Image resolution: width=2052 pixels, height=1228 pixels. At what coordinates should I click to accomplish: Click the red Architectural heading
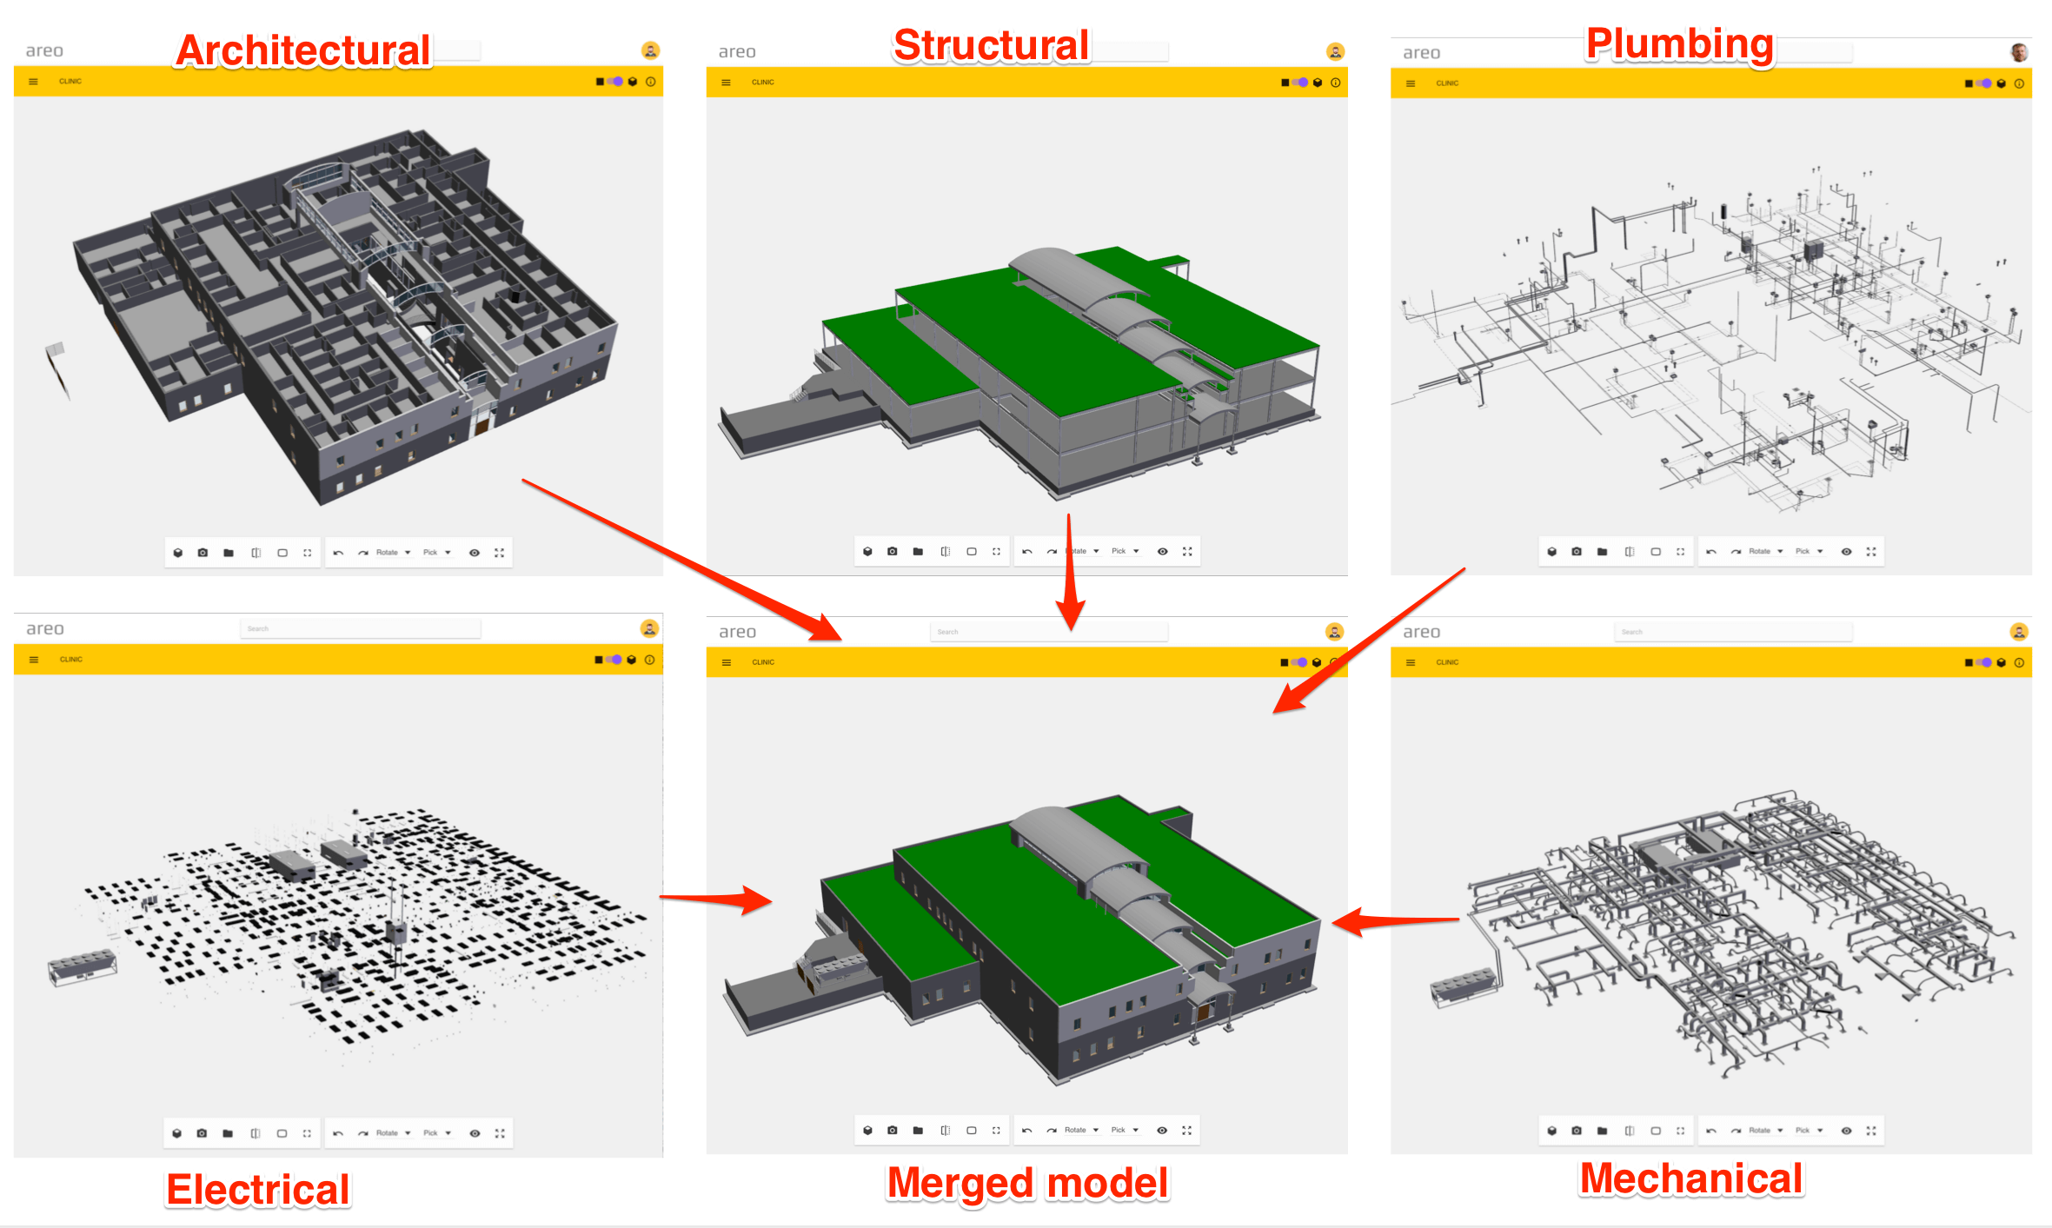point(302,50)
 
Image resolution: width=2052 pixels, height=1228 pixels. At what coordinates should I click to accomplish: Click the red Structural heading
point(991,45)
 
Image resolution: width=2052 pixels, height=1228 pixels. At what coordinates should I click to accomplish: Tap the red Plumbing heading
point(1679,43)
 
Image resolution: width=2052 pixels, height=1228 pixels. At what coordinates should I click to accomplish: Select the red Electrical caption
point(258,1189)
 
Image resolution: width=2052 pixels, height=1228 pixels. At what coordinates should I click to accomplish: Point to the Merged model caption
point(1027,1183)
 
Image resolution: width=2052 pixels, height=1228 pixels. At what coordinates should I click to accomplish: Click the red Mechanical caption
point(1690,1178)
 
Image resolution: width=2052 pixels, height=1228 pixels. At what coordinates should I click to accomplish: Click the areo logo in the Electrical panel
point(44,628)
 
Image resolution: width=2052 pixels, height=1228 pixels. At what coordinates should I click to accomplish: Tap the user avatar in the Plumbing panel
point(2018,52)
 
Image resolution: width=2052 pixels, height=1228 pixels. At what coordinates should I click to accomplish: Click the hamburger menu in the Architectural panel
point(33,82)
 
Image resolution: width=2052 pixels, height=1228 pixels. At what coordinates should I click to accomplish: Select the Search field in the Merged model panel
point(1047,632)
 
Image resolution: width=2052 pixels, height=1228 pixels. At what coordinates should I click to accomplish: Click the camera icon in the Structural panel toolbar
point(892,551)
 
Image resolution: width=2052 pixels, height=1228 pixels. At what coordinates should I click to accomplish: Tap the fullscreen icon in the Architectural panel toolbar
point(500,553)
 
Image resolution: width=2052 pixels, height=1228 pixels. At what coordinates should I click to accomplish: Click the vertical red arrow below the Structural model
point(1070,574)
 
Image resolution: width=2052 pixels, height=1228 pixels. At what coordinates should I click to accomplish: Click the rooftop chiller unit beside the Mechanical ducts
point(1464,986)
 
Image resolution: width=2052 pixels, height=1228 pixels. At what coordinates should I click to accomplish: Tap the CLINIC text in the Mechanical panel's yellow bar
point(1447,662)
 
